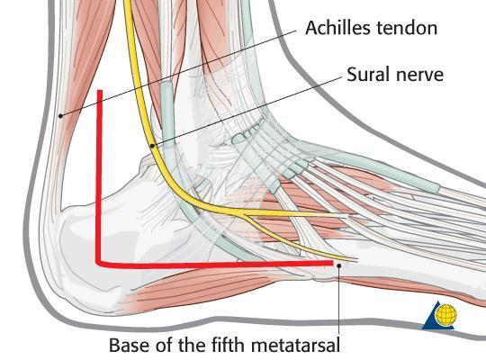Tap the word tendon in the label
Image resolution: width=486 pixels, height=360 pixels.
(x=408, y=28)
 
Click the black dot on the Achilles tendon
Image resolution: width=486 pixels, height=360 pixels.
(x=61, y=116)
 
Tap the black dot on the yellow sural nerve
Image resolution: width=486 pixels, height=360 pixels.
(x=152, y=146)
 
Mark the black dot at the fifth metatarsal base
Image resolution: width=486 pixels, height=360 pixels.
(x=339, y=265)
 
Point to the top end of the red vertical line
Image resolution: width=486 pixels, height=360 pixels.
(x=100, y=91)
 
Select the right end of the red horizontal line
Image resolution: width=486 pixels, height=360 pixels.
(x=333, y=264)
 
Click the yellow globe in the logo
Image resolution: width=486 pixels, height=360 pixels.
(x=446, y=314)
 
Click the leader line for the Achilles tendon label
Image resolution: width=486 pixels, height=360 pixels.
(x=178, y=73)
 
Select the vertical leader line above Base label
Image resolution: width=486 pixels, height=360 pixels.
(x=339, y=301)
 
